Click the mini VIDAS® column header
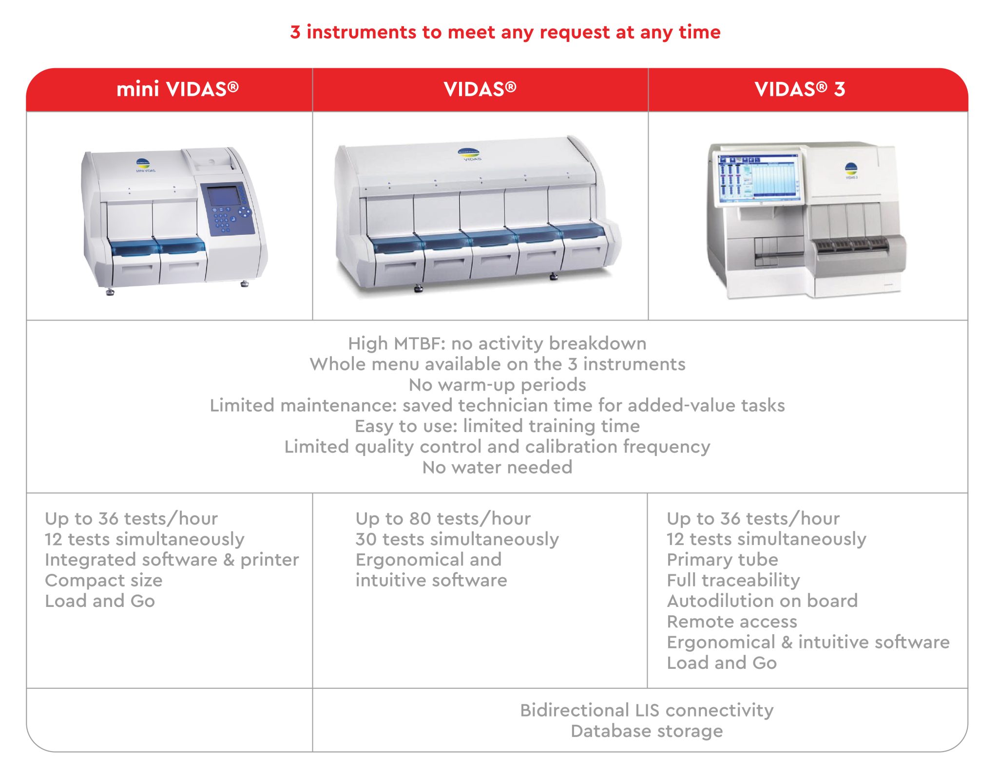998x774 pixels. [x=177, y=90]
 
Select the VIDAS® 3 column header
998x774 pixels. [x=800, y=90]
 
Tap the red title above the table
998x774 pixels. [x=505, y=32]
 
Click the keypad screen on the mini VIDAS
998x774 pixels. [x=224, y=195]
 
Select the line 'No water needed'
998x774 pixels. [x=497, y=467]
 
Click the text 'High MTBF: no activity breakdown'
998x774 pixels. [x=497, y=343]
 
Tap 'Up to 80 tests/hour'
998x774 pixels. [x=443, y=519]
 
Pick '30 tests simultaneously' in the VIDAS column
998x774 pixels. [x=457, y=539]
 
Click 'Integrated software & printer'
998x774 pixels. [x=172, y=560]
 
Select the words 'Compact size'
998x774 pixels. [x=104, y=580]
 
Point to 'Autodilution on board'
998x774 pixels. [x=762, y=601]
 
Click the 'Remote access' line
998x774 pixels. [x=732, y=622]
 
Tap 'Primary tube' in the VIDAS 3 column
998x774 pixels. [x=722, y=560]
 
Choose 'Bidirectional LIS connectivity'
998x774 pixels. [x=647, y=710]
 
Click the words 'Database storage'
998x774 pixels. [x=647, y=731]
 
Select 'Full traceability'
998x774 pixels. [x=733, y=580]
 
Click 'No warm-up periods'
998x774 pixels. [x=497, y=385]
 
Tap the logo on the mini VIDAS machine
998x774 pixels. [x=143, y=164]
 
